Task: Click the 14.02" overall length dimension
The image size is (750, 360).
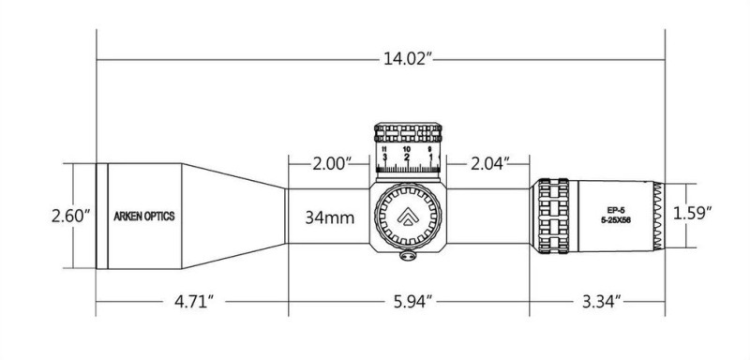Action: pyautogui.click(x=408, y=59)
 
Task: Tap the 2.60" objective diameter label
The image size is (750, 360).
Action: pyautogui.click(x=71, y=216)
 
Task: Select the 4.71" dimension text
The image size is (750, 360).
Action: pyautogui.click(x=194, y=302)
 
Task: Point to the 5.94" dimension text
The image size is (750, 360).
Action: pyautogui.click(x=409, y=302)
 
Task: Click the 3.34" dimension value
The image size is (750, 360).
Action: pyautogui.click(x=601, y=302)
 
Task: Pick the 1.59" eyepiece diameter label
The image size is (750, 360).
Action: pyautogui.click(x=693, y=213)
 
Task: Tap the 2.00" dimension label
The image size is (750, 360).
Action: pyautogui.click(x=332, y=164)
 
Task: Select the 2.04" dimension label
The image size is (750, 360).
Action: pyautogui.click(x=487, y=164)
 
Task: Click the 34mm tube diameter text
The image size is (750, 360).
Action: pyautogui.click(x=330, y=218)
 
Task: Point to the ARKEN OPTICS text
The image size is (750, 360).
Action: pyautogui.click(x=144, y=217)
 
